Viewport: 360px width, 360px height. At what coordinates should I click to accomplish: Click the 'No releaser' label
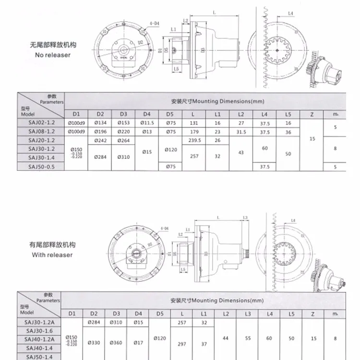[53, 55]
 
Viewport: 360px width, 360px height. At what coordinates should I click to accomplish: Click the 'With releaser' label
[52, 255]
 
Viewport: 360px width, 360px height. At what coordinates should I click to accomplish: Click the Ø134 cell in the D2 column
[100, 123]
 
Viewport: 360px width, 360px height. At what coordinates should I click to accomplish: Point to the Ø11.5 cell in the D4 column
[147, 123]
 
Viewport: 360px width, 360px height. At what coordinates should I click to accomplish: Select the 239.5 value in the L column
[194, 140]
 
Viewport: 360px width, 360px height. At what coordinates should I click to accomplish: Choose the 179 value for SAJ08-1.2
[194, 132]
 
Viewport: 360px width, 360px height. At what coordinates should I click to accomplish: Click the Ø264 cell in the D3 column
[123, 140]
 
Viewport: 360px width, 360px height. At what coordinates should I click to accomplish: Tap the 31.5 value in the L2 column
[241, 132]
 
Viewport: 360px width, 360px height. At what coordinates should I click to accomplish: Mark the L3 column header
[248, 313]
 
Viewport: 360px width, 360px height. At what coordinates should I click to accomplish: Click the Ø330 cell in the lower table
[94, 343]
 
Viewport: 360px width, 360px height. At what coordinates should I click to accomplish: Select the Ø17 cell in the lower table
[138, 343]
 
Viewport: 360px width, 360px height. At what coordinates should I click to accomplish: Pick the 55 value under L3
[248, 338]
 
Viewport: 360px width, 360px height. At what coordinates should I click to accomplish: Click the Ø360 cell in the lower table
[116, 343]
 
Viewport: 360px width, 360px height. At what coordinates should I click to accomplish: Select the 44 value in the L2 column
[226, 338]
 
